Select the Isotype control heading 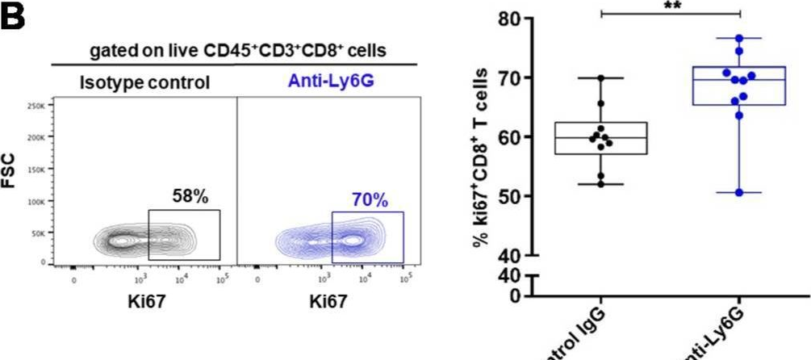pyautogui.click(x=144, y=82)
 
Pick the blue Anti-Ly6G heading pyautogui.click(x=326, y=82)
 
